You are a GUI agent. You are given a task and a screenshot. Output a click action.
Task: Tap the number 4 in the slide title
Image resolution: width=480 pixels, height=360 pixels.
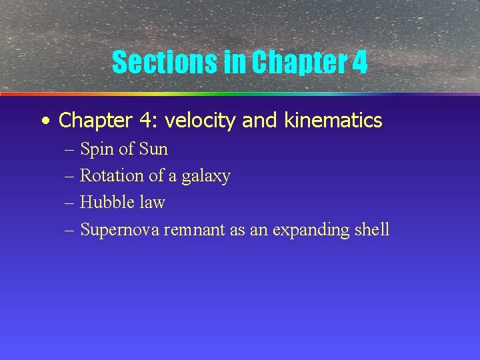pos(359,63)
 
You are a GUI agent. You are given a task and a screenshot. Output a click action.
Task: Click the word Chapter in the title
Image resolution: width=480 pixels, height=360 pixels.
pos(298,63)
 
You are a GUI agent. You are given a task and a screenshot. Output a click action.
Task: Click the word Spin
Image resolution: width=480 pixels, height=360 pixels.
pos(97,149)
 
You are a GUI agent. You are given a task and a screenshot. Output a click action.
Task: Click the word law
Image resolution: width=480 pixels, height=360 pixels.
pos(152,203)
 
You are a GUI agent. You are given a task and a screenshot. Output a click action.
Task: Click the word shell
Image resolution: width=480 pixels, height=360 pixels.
pos(371,230)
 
